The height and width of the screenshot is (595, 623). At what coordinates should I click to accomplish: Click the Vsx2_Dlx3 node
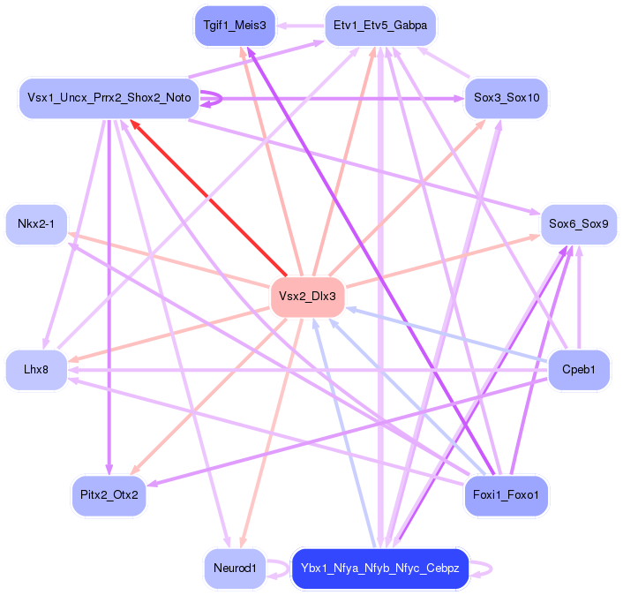307,296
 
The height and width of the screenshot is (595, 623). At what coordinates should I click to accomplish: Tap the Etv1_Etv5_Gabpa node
379,26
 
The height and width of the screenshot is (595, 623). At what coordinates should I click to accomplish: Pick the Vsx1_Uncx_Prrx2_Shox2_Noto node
108,98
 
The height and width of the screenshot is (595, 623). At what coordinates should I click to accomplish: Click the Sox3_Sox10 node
507,97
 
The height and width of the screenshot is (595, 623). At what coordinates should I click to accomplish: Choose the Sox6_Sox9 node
577,223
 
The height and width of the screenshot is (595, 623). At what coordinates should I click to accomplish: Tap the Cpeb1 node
579,368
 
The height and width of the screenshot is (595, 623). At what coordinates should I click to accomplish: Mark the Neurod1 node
234,568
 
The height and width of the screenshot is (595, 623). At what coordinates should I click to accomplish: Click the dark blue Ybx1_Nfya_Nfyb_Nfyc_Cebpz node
379,568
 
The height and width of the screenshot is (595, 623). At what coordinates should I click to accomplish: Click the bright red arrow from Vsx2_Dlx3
208,199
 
